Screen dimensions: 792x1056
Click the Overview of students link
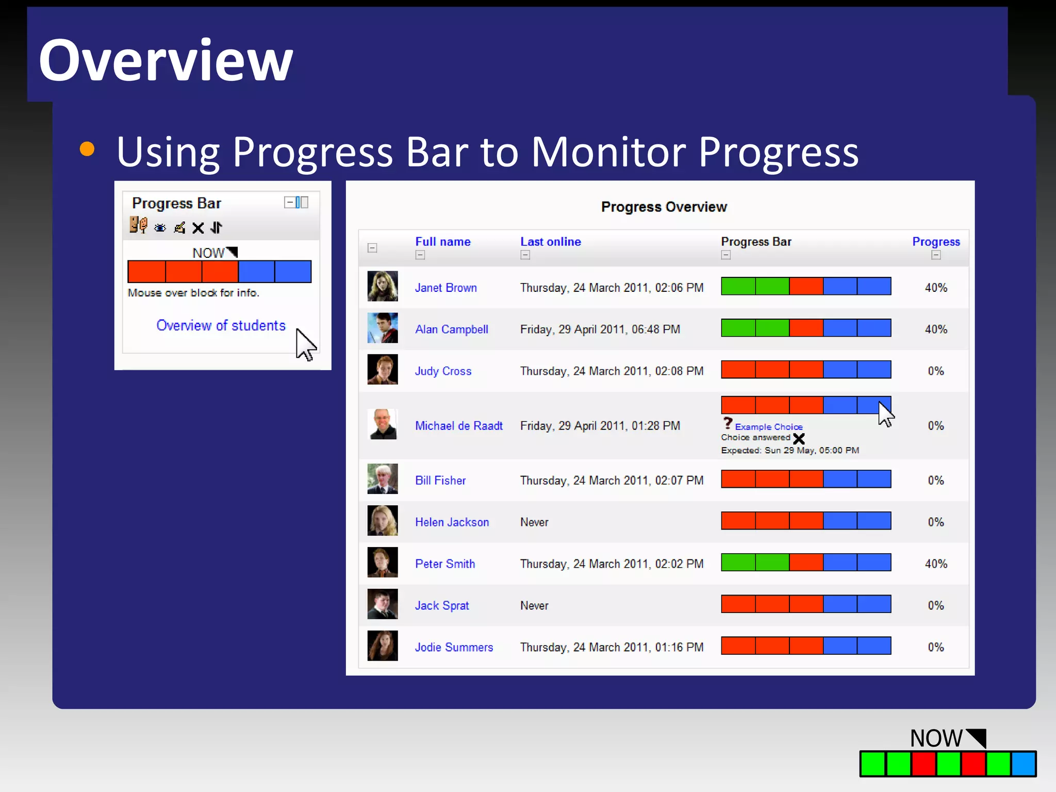(221, 325)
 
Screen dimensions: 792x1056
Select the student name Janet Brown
(445, 288)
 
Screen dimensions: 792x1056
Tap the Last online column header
(550, 241)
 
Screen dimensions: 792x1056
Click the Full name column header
(442, 241)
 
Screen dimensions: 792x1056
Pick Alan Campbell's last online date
(600, 329)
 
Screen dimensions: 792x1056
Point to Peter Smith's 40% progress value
(935, 564)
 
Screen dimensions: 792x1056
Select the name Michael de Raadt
(458, 426)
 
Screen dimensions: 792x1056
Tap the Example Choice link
(768, 427)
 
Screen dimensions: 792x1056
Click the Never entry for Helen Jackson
(534, 522)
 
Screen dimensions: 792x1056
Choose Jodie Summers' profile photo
(382, 646)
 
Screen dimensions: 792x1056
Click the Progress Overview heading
(664, 207)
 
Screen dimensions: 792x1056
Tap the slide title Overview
(166, 60)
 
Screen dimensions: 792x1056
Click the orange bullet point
(87, 149)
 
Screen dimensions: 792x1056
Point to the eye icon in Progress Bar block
(160, 228)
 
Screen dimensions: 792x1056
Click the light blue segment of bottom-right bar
(1023, 764)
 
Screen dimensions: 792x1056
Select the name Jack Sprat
(442, 606)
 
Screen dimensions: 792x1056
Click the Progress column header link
(936, 241)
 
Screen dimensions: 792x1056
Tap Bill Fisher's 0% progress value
(935, 481)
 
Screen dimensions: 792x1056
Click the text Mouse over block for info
(193, 293)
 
